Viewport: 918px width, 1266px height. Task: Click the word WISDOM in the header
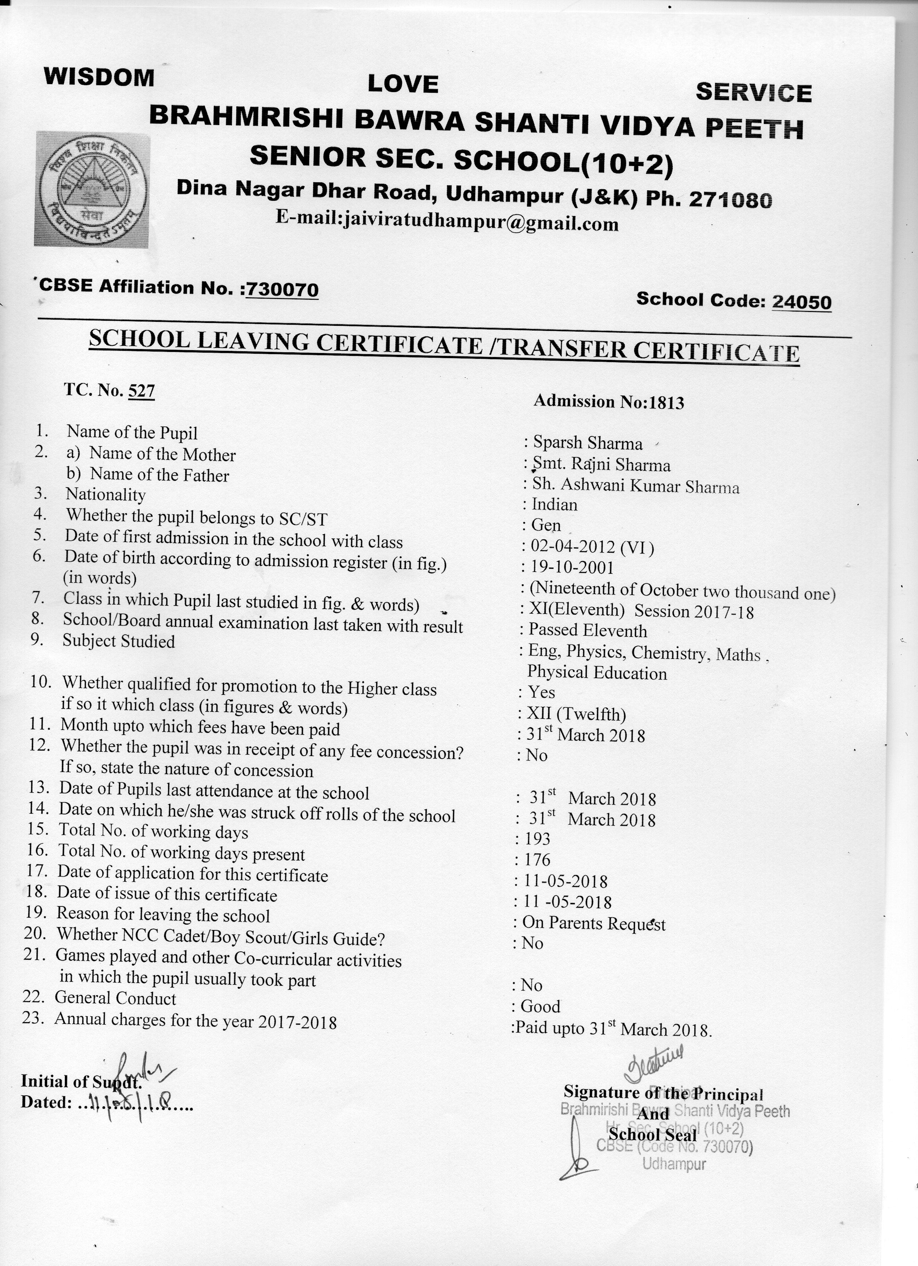[99, 77]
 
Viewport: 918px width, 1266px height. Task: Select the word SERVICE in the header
[753, 93]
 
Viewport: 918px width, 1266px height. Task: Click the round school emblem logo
[92, 189]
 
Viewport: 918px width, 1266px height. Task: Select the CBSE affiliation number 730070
[282, 289]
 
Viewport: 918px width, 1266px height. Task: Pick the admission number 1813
[664, 402]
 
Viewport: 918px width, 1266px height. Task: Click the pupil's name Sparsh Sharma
[587, 443]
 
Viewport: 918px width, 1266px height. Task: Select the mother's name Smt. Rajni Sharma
[602, 464]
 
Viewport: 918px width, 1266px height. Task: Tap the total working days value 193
[537, 838]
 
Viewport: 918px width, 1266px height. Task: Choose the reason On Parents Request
[593, 923]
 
